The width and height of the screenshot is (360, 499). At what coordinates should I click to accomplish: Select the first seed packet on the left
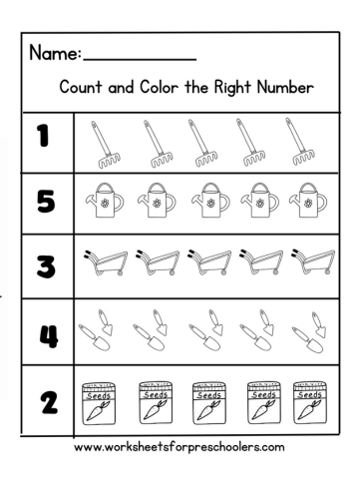coord(103,400)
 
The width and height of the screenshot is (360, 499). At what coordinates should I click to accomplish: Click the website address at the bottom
coord(179,446)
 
